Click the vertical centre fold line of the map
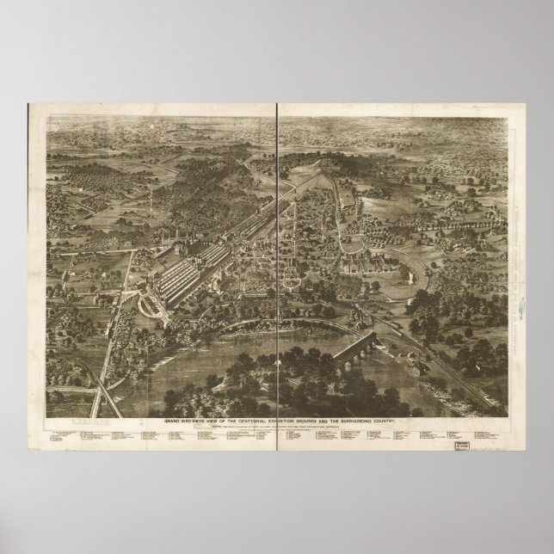(x=278, y=258)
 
